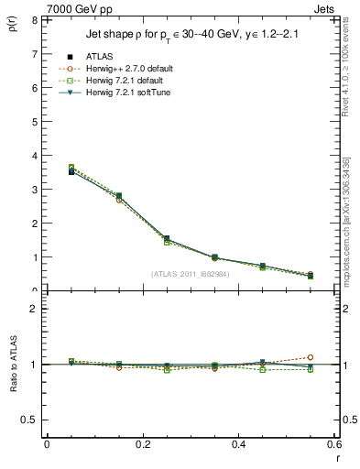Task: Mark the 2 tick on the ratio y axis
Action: [x=34, y=309]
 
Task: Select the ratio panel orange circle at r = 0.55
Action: [x=311, y=357]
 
